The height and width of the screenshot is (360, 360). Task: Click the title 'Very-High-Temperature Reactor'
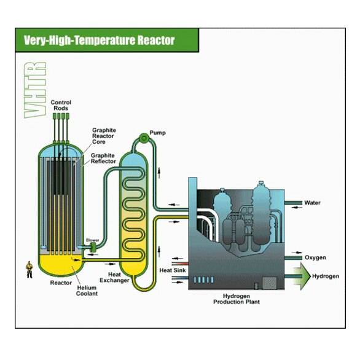pyautogui.click(x=99, y=41)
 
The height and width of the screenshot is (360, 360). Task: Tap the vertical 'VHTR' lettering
pyautogui.click(x=36, y=89)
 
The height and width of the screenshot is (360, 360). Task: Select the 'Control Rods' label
pyautogui.click(x=61, y=105)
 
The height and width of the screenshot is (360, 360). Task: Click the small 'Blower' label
pyautogui.click(x=93, y=240)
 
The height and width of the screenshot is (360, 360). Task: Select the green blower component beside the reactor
pyautogui.click(x=93, y=247)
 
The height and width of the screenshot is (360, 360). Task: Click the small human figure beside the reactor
pyautogui.click(x=29, y=269)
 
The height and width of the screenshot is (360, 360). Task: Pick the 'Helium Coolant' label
pyautogui.click(x=88, y=291)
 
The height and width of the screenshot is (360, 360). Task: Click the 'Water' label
pyautogui.click(x=313, y=203)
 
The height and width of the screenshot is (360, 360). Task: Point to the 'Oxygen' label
pyautogui.click(x=315, y=257)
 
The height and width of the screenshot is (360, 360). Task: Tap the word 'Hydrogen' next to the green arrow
pyautogui.click(x=325, y=276)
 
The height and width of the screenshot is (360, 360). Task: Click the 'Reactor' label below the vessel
pyautogui.click(x=61, y=283)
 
